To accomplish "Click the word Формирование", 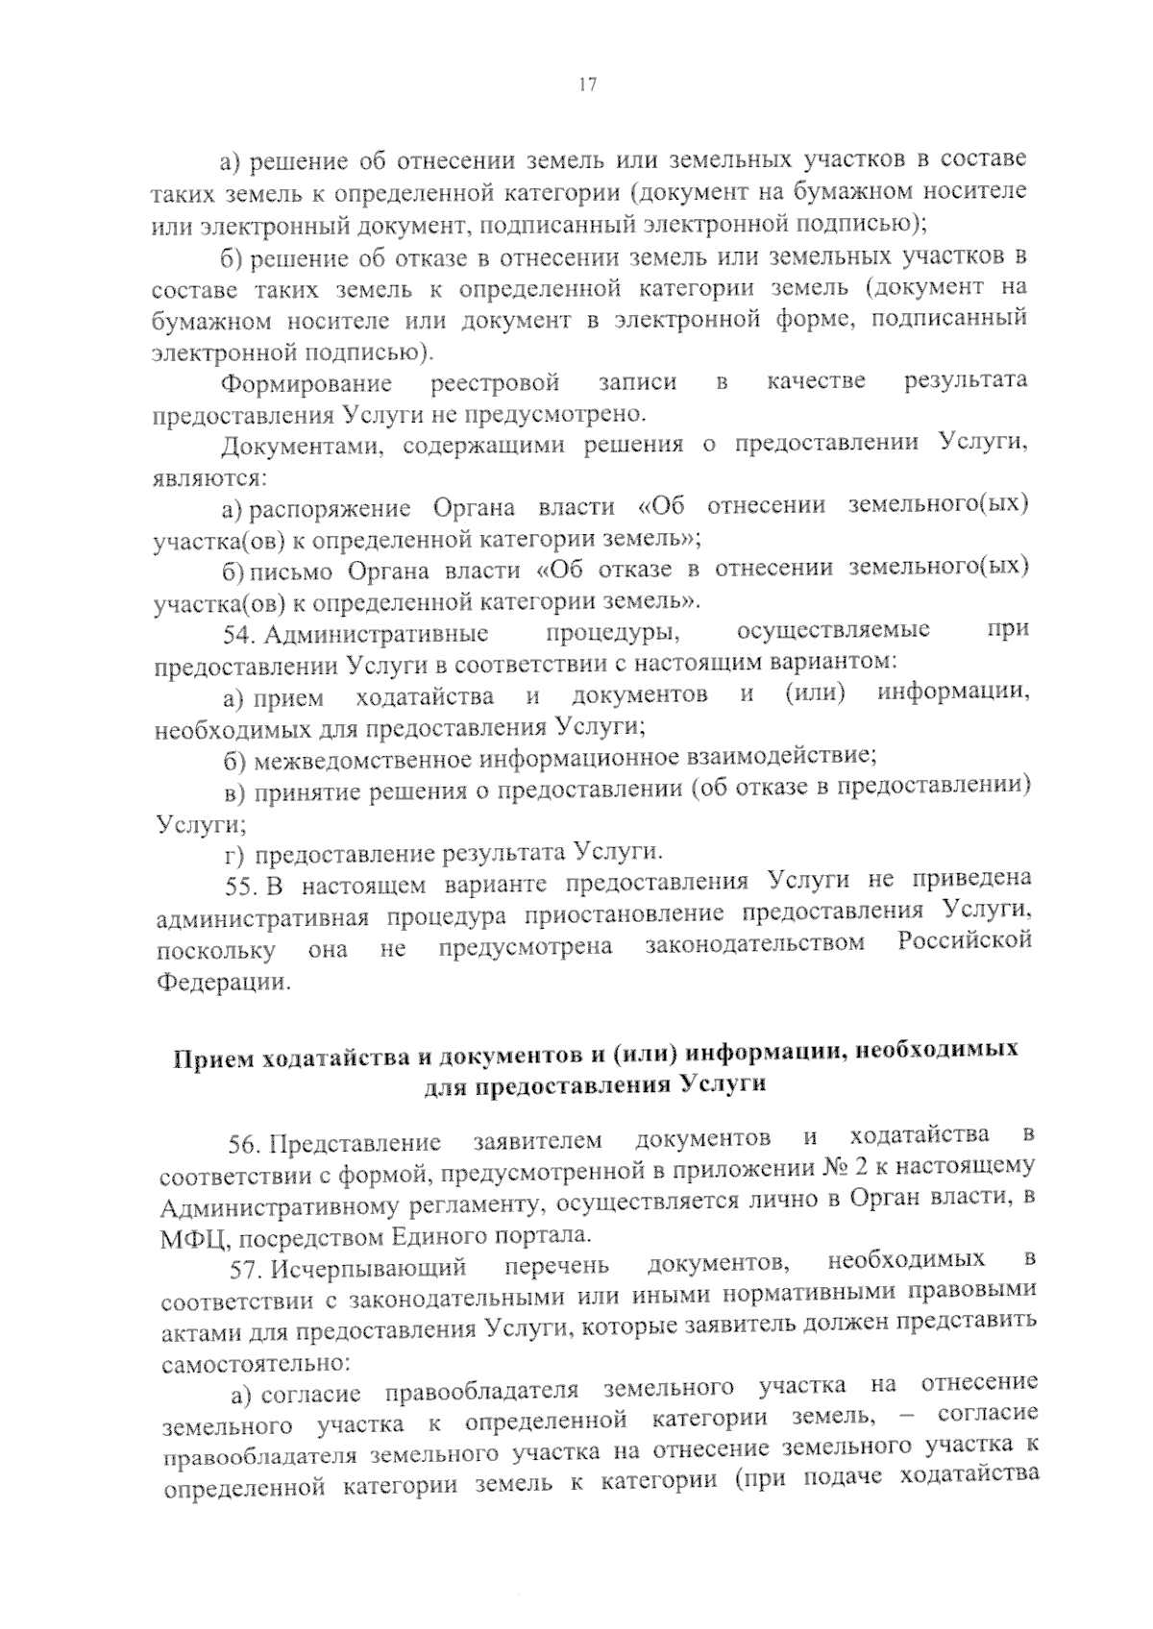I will pos(307,384).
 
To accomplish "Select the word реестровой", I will pos(496,383).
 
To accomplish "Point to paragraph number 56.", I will pos(245,1144).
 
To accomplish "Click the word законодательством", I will pos(755,943).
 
